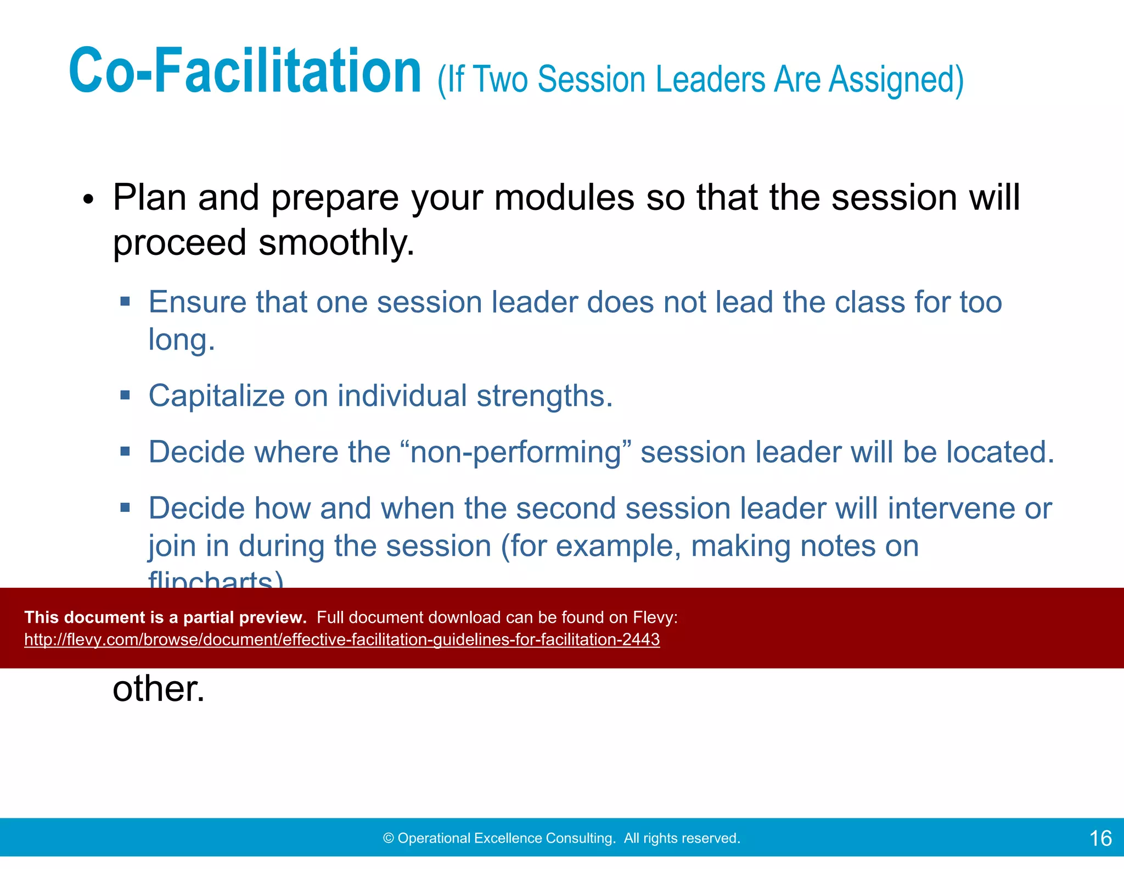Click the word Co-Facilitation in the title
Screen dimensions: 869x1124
point(245,71)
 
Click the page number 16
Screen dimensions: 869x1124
point(1100,838)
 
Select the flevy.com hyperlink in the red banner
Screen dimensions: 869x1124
point(341,639)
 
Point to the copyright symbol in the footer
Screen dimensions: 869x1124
point(389,838)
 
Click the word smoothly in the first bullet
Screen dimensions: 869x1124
point(336,243)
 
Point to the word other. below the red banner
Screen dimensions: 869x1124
point(158,689)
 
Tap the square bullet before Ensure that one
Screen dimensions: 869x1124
point(125,301)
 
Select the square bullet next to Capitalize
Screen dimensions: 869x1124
point(125,395)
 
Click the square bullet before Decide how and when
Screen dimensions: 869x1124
point(125,507)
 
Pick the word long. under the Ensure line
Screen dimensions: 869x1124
point(181,341)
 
